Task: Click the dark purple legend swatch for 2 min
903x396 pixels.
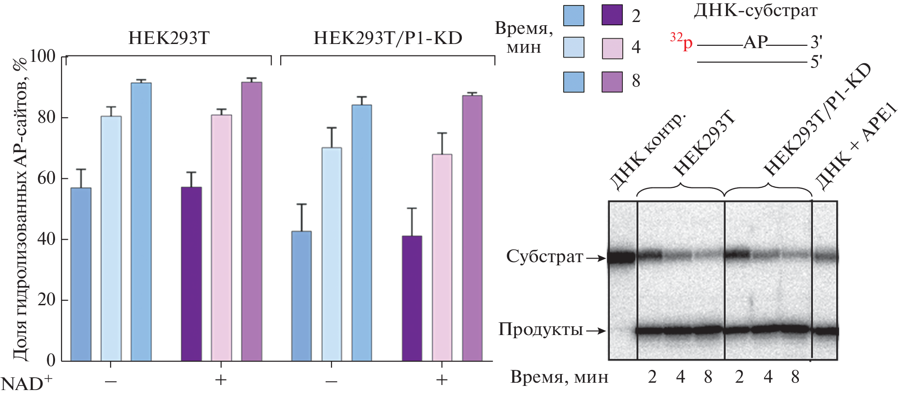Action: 612,15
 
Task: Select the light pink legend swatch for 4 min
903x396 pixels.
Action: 612,48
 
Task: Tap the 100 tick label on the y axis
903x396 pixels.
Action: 42,56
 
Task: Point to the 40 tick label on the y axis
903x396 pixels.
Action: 46,239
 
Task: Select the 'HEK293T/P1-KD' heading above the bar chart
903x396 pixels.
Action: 388,38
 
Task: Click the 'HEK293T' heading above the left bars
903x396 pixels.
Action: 169,38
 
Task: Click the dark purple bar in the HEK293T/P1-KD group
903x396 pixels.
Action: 412,298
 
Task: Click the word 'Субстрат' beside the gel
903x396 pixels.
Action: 544,257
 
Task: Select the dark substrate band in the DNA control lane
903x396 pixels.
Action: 622,258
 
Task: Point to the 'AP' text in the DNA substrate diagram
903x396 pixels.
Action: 755,43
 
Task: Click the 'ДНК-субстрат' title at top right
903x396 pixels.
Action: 755,11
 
